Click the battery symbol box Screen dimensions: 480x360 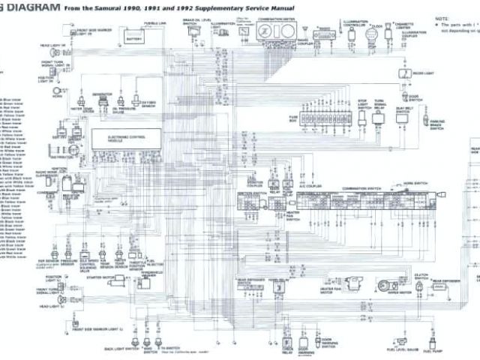point(135,39)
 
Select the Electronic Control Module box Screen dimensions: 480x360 point(124,138)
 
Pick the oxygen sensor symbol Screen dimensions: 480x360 point(134,100)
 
